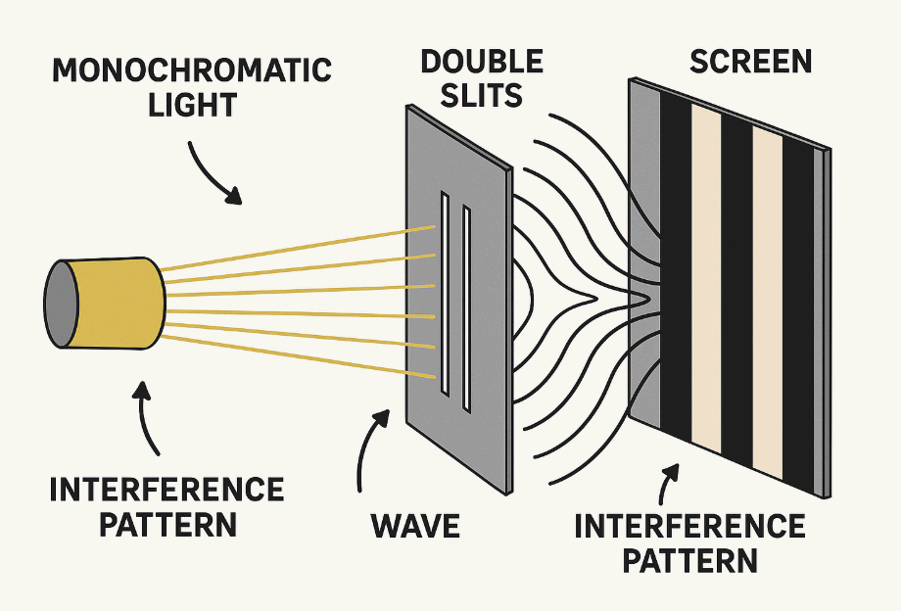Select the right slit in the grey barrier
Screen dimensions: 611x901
(x=466, y=304)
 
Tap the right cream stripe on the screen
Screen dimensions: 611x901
(x=767, y=304)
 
